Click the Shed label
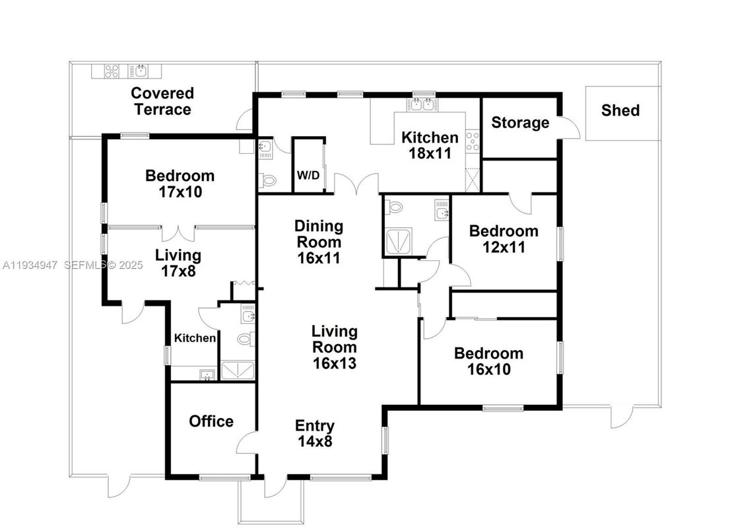pyautogui.click(x=620, y=110)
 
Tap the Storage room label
pyautogui.click(x=519, y=123)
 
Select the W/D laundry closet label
pyautogui.click(x=309, y=176)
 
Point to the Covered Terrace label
pyautogui.click(x=162, y=101)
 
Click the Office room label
pyautogui.click(x=211, y=421)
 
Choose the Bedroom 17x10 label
pyautogui.click(x=180, y=184)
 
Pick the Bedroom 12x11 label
pyautogui.click(x=503, y=239)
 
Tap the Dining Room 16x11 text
pyautogui.click(x=319, y=242)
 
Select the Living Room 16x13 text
pyautogui.click(x=335, y=347)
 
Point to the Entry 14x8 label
pyautogui.click(x=314, y=434)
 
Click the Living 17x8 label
pyautogui.click(x=178, y=263)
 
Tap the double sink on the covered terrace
pyautogui.click(x=139, y=70)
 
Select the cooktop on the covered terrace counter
pyautogui.click(x=110, y=70)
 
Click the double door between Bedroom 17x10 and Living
pyautogui.click(x=178, y=232)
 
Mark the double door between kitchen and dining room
pyautogui.click(x=356, y=183)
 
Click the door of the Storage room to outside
pyautogui.click(x=570, y=128)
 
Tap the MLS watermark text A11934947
pyautogui.click(x=30, y=265)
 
